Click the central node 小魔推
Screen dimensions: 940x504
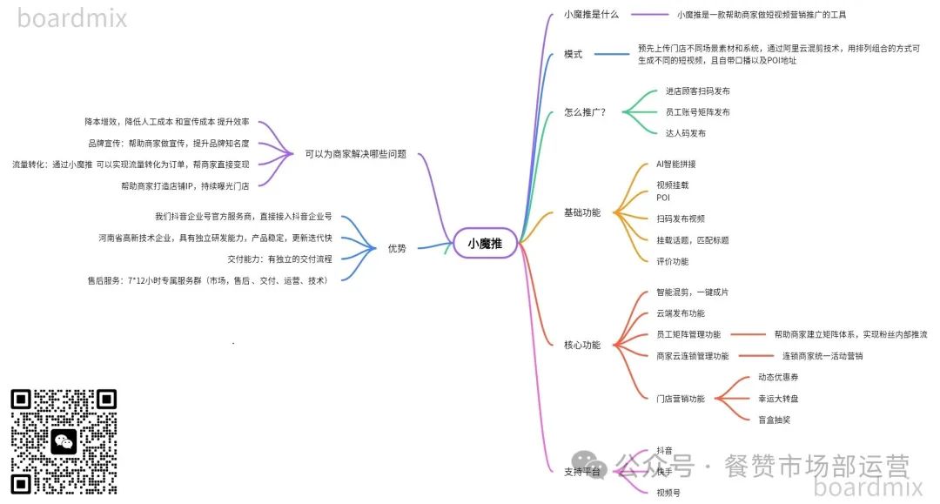coord(485,243)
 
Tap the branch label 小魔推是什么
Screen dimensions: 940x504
coord(591,15)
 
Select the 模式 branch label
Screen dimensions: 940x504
coord(574,54)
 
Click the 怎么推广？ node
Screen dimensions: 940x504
coord(585,112)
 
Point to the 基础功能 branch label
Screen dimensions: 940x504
coord(582,212)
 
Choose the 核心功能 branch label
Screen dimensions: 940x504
coord(582,345)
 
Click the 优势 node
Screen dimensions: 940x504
coord(397,248)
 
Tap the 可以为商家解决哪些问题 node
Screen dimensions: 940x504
coord(355,154)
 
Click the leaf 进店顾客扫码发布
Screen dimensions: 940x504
coord(698,91)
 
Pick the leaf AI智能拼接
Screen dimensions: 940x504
coord(676,164)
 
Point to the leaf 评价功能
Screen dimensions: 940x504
coord(673,261)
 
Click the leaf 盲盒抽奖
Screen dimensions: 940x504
coord(775,420)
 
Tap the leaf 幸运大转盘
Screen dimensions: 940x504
coord(778,399)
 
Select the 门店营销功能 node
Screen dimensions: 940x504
coord(681,399)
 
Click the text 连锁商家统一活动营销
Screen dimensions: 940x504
coord(822,356)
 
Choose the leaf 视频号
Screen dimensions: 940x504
coord(668,493)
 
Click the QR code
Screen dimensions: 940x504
coord(64,441)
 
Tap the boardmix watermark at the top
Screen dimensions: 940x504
coord(72,17)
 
